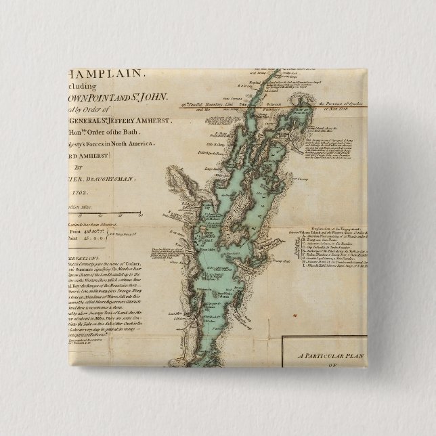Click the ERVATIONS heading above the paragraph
pyautogui.click(x=84, y=259)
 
